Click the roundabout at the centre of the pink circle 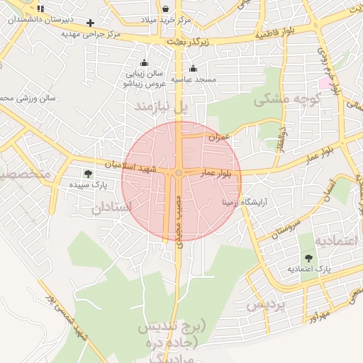tap(179, 173)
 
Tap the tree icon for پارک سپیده tap(88, 173)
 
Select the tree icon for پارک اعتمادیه tap(308, 258)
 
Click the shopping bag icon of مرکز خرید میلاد tap(165, 9)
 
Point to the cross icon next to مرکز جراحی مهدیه tap(90, 23)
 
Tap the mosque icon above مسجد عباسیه tap(194, 68)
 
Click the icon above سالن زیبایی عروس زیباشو tap(145, 62)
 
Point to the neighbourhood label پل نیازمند tap(164, 106)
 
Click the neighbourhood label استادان tap(112, 208)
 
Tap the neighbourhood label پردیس tap(264, 306)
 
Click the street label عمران tap(216, 136)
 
